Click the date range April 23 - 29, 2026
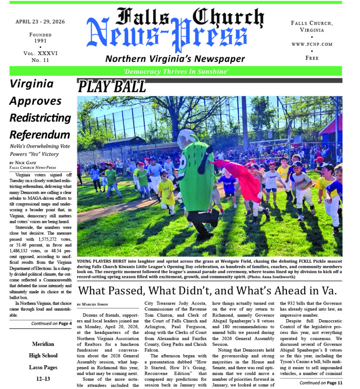tap(40, 22)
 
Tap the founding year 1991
tap(40, 41)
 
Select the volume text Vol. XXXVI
tap(40, 54)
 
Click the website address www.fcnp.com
tap(312, 44)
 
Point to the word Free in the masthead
tap(312, 58)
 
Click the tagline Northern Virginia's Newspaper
tap(175, 59)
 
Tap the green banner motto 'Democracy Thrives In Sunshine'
tap(176, 71)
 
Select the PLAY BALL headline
tap(112, 87)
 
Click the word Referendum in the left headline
tap(40, 134)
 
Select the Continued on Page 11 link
tap(321, 383)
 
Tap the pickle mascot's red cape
tap(239, 177)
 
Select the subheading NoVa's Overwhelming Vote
tap(40, 146)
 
